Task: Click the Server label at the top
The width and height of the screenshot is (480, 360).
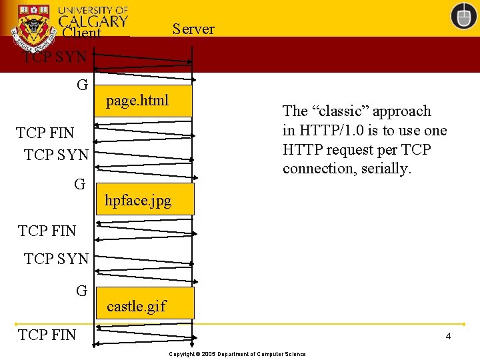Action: tap(193, 29)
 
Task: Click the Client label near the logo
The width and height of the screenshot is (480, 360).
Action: tap(81, 33)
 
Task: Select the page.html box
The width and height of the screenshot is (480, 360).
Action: tap(143, 101)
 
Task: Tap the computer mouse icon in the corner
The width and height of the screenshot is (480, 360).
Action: tap(463, 16)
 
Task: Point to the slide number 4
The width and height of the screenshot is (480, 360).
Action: tap(448, 336)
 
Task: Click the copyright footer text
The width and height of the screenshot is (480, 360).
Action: tap(237, 354)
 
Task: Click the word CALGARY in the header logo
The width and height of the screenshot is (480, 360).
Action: tap(93, 21)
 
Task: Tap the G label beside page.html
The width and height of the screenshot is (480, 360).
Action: tap(82, 85)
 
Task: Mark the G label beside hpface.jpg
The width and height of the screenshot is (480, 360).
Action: tap(79, 184)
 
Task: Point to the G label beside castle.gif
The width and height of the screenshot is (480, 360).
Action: tap(81, 291)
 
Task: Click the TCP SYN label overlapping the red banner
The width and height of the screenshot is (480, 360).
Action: tap(55, 57)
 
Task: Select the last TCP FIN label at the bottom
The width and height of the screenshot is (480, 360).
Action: tap(47, 335)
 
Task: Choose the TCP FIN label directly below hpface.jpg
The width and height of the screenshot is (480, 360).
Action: tap(47, 231)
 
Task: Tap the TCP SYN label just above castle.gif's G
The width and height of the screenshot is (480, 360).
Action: tap(56, 259)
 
